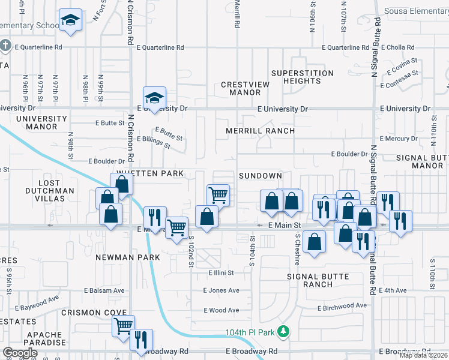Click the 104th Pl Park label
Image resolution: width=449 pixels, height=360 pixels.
click(x=249, y=332)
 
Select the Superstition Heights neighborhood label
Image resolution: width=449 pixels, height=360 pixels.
click(x=303, y=77)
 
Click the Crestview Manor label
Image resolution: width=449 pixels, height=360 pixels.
click(x=245, y=89)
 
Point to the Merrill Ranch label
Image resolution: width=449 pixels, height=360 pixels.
click(x=260, y=131)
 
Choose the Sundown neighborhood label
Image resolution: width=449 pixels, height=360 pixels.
click(x=260, y=176)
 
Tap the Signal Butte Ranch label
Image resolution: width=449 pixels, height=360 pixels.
click(x=310, y=280)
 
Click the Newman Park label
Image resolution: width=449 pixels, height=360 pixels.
click(x=127, y=257)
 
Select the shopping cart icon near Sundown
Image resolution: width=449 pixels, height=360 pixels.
click(x=218, y=194)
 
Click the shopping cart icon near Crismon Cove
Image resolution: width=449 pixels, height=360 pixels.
click(x=123, y=326)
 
